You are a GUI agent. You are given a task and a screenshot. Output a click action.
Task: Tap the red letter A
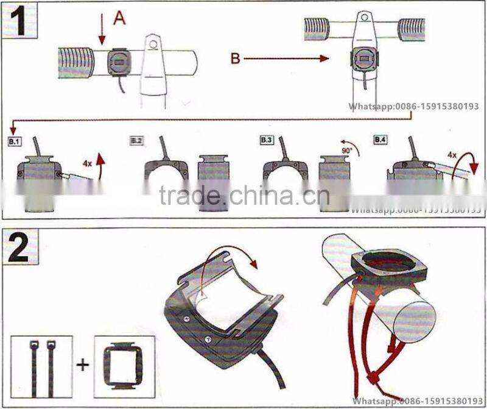pyautogui.click(x=119, y=18)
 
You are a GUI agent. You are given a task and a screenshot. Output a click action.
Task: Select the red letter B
pyautogui.click(x=236, y=59)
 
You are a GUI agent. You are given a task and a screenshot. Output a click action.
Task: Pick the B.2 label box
pyautogui.click(x=136, y=141)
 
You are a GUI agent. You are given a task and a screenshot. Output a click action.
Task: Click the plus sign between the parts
pyautogui.click(x=82, y=366)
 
